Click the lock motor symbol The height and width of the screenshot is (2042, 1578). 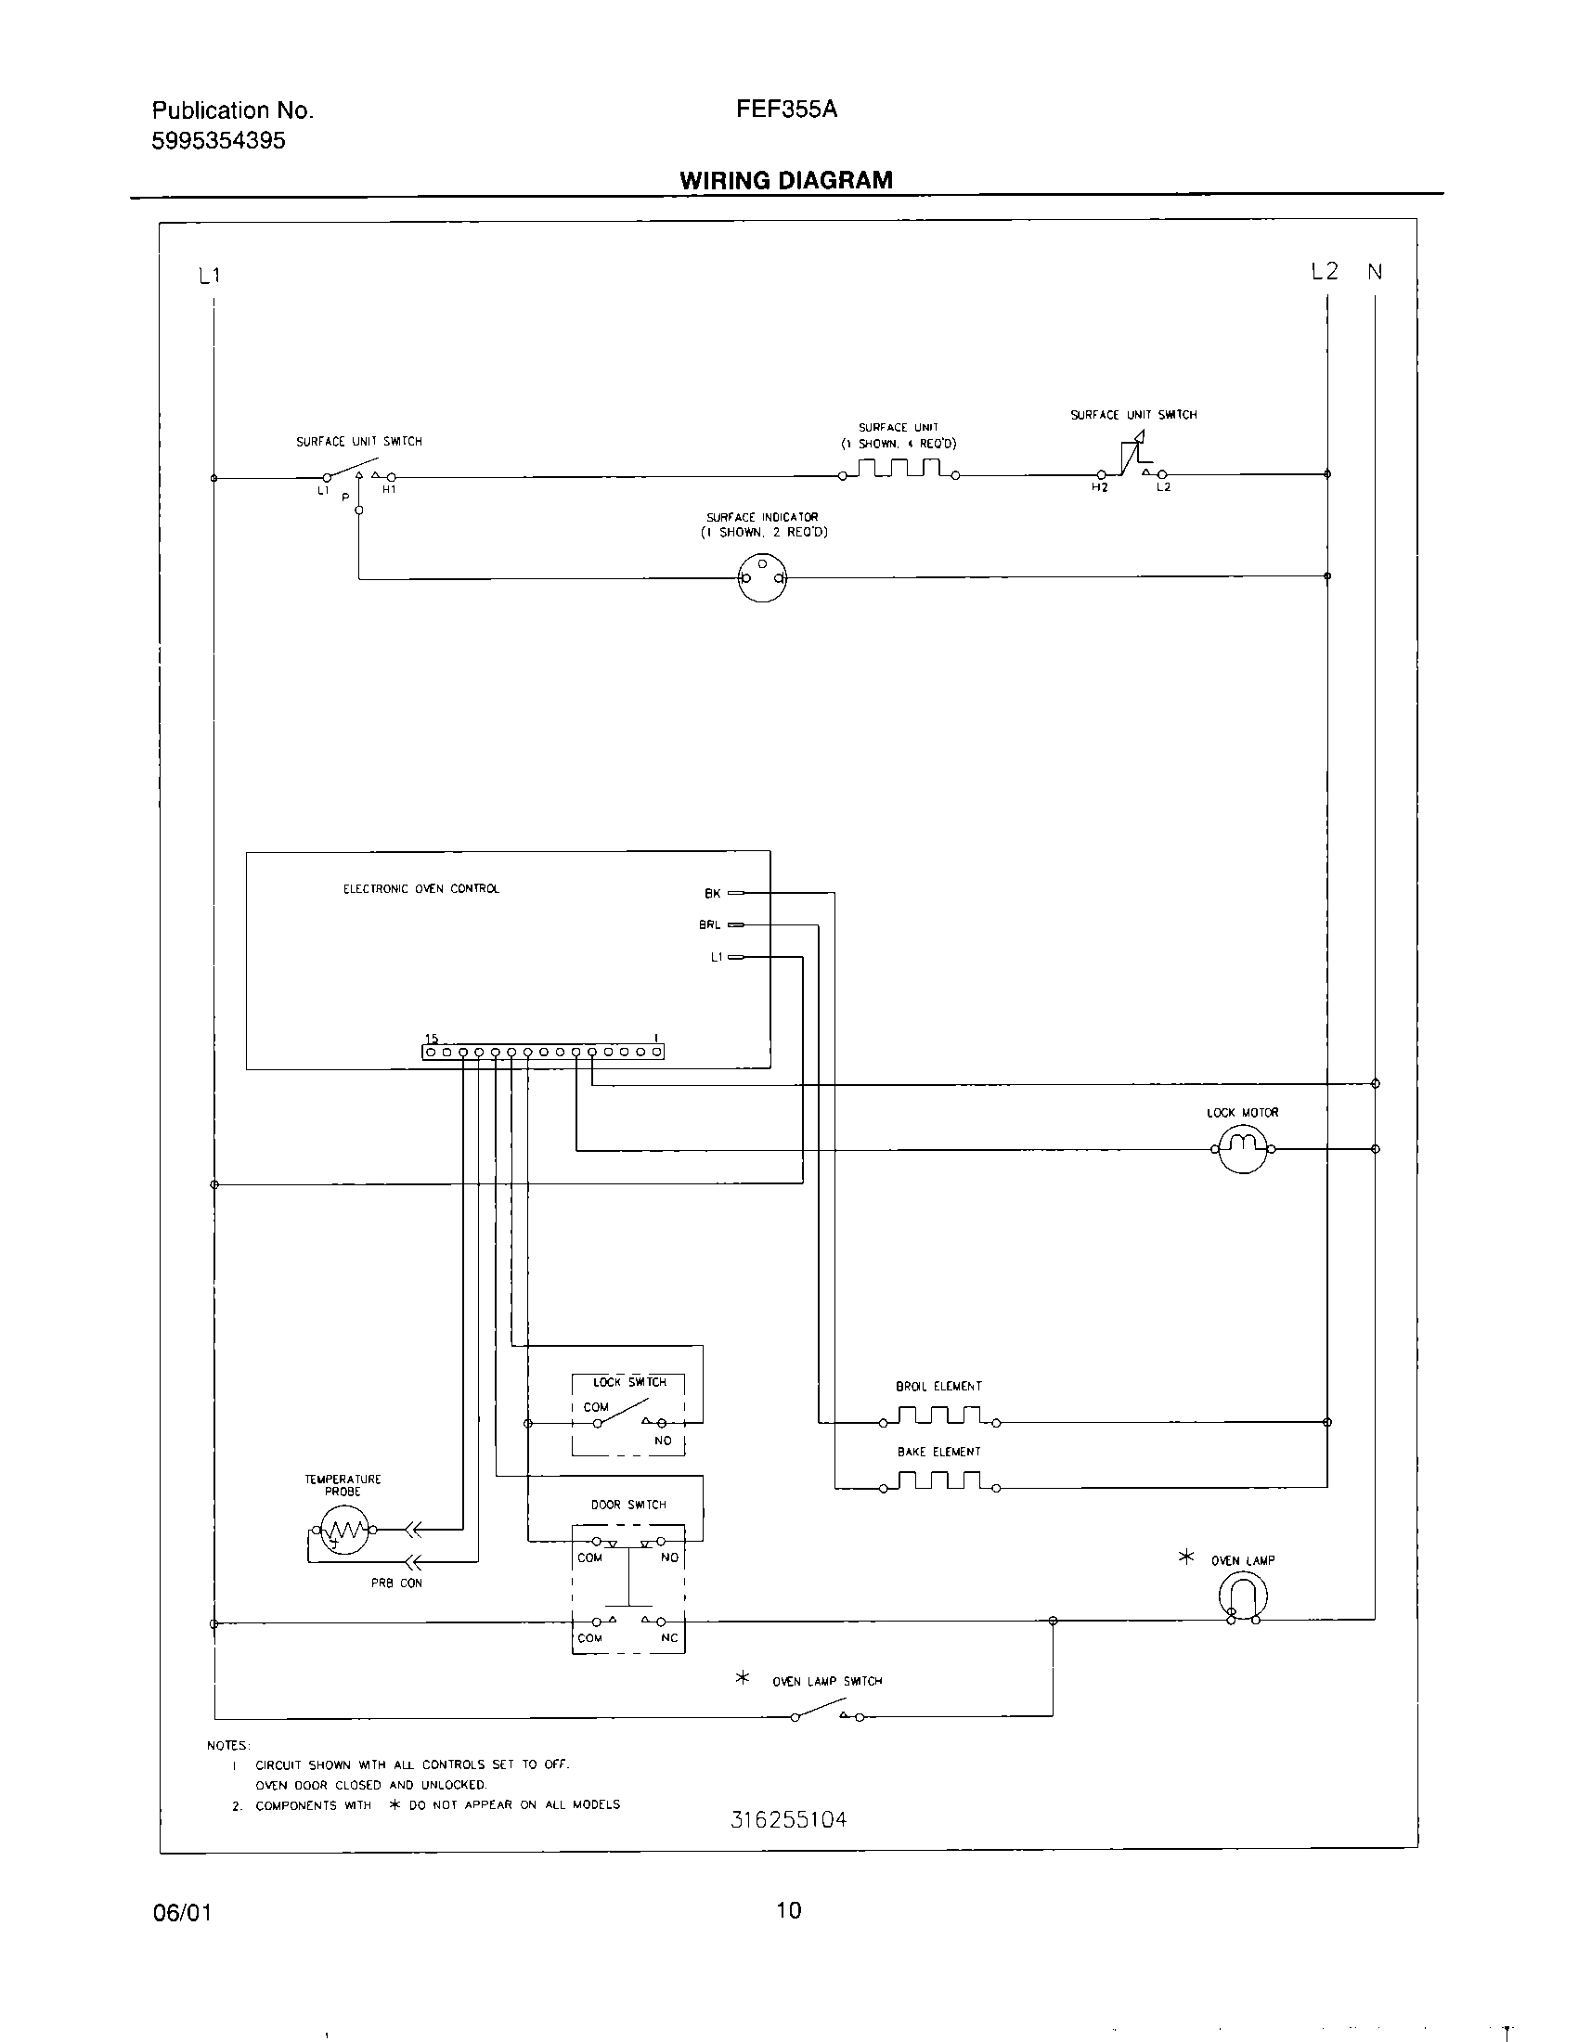[x=1242, y=1148]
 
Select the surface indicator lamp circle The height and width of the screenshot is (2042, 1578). [x=762, y=577]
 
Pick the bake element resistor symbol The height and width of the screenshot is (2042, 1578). [x=938, y=1482]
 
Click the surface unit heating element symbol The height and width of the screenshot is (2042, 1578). [x=899, y=469]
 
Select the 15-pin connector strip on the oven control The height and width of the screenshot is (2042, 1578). [x=543, y=1052]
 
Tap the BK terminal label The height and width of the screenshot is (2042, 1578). [x=712, y=894]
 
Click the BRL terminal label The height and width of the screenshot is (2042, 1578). [x=709, y=925]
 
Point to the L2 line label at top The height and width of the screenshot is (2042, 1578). [x=1324, y=272]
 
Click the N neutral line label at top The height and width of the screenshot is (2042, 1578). [x=1374, y=272]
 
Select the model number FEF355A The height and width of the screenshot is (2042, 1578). [x=786, y=110]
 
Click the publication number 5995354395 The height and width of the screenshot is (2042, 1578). [x=219, y=141]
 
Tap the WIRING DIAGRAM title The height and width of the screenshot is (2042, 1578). [x=785, y=180]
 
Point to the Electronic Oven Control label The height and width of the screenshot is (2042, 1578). [x=420, y=889]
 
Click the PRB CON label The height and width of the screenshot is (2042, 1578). [x=396, y=1583]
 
